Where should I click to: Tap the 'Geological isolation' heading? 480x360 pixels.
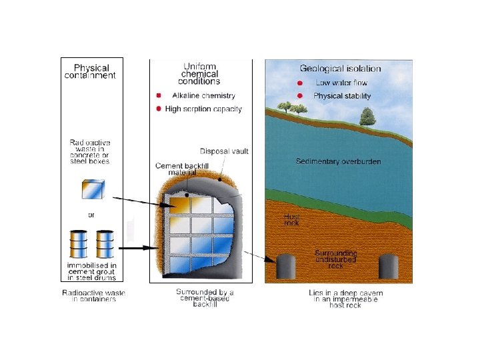tap(340, 68)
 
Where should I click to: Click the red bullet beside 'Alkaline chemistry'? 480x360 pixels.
tap(159, 96)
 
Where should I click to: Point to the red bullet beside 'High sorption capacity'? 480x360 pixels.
tap(159, 109)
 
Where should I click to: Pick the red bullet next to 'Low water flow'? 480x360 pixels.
tap(301, 83)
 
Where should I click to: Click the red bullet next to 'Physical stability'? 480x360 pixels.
tap(301, 96)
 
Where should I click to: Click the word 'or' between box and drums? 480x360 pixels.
tap(93, 215)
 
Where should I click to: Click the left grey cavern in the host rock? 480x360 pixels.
tap(286, 267)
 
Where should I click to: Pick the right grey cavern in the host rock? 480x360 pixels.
tap(389, 267)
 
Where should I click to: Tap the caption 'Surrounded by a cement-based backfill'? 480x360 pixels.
tap(205, 297)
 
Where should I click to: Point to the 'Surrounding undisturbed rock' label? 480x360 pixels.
tap(335, 259)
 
